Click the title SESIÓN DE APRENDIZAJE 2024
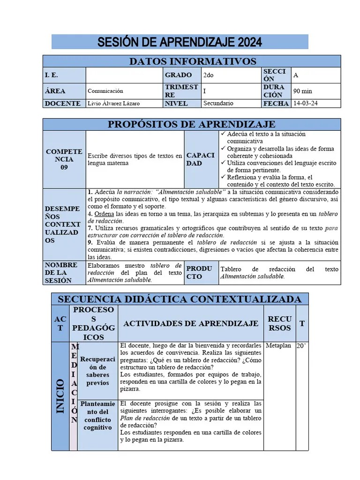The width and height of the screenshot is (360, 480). coord(180,42)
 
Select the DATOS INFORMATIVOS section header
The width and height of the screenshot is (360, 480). coord(192,61)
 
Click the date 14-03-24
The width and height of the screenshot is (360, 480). coord(305,103)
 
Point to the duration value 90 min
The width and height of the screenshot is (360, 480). coord(303,91)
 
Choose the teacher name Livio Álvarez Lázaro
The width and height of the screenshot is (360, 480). coord(113,104)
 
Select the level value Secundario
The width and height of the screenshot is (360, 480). coord(218,103)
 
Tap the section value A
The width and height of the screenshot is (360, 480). coord(296,75)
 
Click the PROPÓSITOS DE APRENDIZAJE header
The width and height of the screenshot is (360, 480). coord(192,124)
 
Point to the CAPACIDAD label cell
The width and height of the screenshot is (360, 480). coord(201,159)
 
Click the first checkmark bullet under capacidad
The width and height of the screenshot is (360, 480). coord(223,134)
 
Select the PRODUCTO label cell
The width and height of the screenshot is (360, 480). coord(200,272)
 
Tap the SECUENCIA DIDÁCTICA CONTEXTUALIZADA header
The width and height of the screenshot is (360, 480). coord(180,299)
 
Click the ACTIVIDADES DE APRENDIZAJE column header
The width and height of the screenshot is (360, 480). coord(191,323)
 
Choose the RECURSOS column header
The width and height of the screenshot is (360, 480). coord(279,323)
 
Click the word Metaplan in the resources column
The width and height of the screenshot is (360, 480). coord(278,345)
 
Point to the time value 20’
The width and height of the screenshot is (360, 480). coord(301,345)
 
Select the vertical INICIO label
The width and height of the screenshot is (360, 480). coord(60,396)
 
